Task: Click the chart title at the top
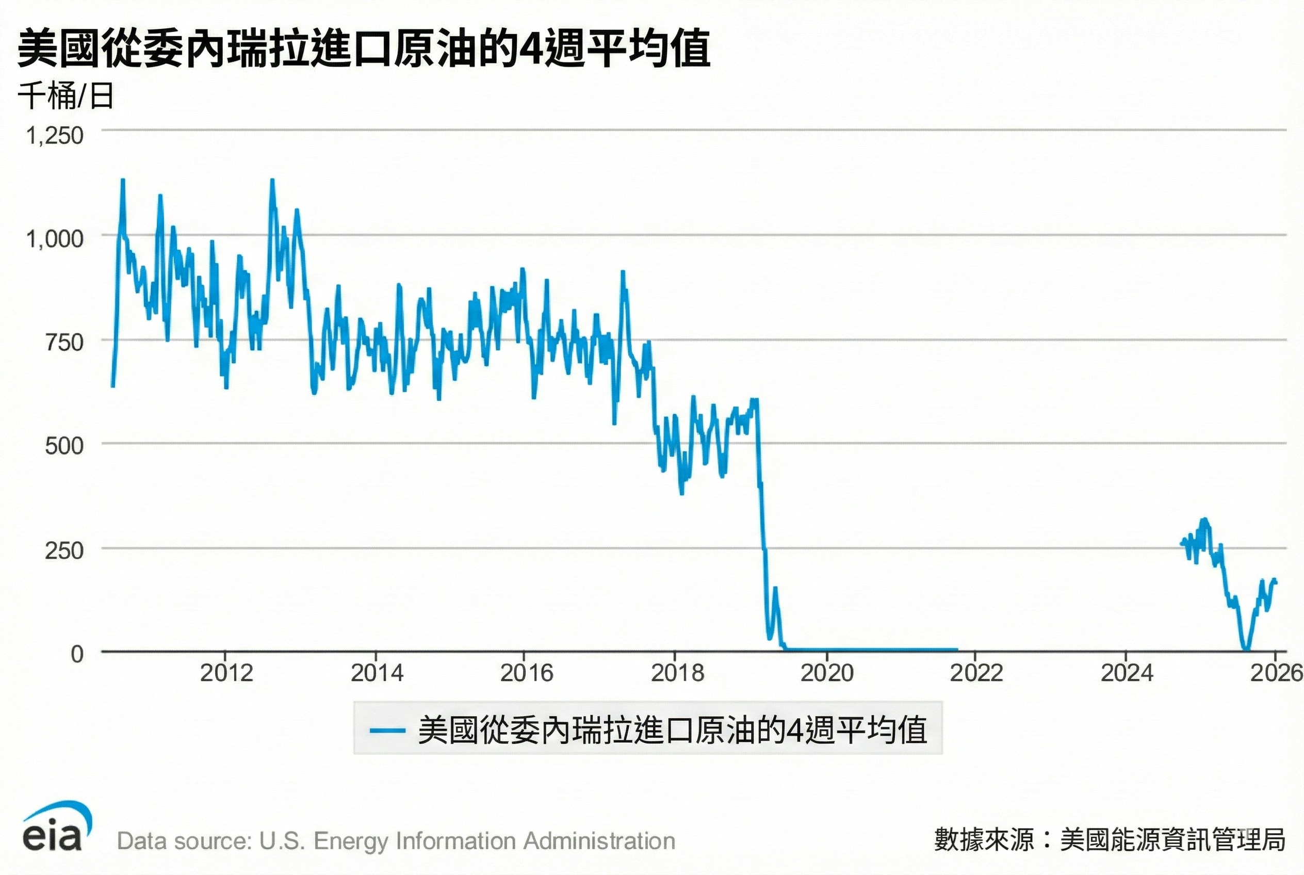click(364, 49)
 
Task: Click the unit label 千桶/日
click(66, 96)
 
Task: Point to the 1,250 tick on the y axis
click(55, 136)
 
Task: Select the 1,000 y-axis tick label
click(55, 239)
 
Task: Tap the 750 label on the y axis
click(63, 342)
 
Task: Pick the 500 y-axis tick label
click(63, 446)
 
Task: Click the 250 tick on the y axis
click(63, 550)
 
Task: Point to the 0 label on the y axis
click(77, 654)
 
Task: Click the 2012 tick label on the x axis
click(226, 673)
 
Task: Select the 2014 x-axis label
click(377, 673)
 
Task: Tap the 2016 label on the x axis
click(526, 673)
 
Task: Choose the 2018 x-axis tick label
click(677, 673)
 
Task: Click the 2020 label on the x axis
click(827, 673)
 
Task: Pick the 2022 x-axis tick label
click(976, 673)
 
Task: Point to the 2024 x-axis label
click(1127, 673)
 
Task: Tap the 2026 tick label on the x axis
click(1276, 673)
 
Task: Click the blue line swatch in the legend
click(387, 730)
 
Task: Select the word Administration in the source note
click(600, 841)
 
